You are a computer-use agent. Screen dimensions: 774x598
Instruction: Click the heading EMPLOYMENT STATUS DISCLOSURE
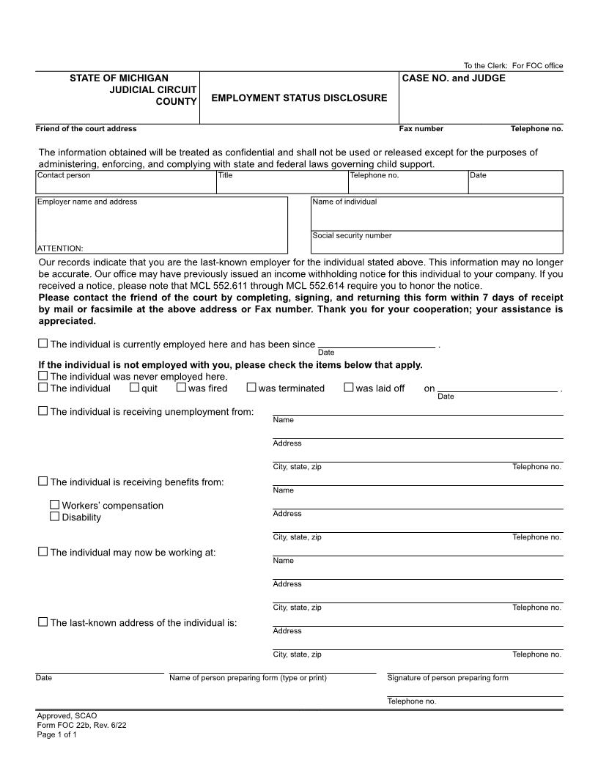299,98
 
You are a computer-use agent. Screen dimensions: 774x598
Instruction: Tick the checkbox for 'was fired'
181,388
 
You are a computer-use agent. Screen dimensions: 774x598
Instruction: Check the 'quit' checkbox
134,388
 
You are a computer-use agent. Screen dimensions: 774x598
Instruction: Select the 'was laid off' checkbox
348,388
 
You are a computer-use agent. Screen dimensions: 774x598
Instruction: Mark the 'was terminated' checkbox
251,388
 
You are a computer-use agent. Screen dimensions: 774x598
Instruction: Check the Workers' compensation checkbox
54,505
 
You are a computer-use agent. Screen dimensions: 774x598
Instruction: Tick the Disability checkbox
54,517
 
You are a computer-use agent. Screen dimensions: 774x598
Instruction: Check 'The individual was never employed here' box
43,376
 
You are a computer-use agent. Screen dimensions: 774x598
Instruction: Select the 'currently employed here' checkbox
43,343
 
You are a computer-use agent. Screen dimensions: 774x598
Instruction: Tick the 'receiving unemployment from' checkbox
43,411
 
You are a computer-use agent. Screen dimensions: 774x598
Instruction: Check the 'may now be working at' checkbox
43,551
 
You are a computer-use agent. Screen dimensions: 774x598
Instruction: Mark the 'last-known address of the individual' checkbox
43,622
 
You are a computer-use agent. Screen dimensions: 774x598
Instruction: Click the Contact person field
125,185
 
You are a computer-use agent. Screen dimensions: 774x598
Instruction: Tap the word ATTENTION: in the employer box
60,248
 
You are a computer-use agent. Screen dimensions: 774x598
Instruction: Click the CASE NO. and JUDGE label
453,78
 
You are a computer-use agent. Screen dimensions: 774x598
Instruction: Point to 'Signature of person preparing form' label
447,678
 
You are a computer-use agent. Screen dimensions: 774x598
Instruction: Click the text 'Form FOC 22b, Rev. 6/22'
76,725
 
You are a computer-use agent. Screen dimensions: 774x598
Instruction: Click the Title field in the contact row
281,185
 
